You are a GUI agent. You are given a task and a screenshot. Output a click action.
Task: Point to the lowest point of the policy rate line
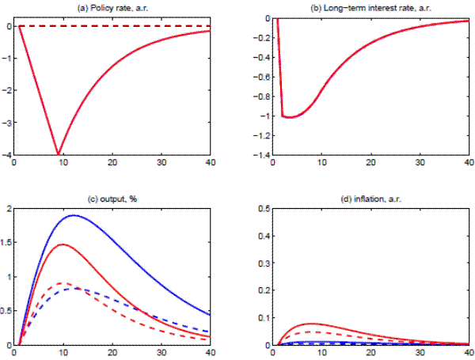click(57, 153)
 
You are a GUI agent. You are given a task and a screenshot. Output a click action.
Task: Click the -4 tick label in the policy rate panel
click(8, 155)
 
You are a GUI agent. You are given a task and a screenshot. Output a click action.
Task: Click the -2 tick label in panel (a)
click(8, 90)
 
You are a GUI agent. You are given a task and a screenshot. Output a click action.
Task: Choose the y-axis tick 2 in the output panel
click(9, 209)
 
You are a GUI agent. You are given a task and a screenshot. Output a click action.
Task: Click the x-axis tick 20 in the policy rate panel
click(112, 162)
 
